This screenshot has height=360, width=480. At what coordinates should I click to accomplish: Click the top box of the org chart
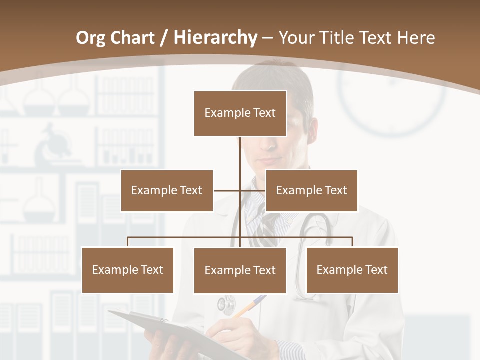pos(240,113)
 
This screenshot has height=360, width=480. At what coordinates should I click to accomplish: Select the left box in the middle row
pos(167,190)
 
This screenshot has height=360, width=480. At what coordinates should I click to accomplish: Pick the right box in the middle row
pos(311,190)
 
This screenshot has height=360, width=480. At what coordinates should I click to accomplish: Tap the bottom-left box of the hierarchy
pos(127,270)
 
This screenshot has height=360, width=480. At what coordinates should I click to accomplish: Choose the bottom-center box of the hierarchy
pos(240,270)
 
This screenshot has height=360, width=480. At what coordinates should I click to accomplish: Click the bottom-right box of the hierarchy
pos(352,270)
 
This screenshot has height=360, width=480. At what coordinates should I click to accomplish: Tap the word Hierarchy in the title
pos(215,38)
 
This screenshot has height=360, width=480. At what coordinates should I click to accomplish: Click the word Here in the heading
pos(416,38)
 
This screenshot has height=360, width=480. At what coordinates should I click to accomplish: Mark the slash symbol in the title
pos(164,38)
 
